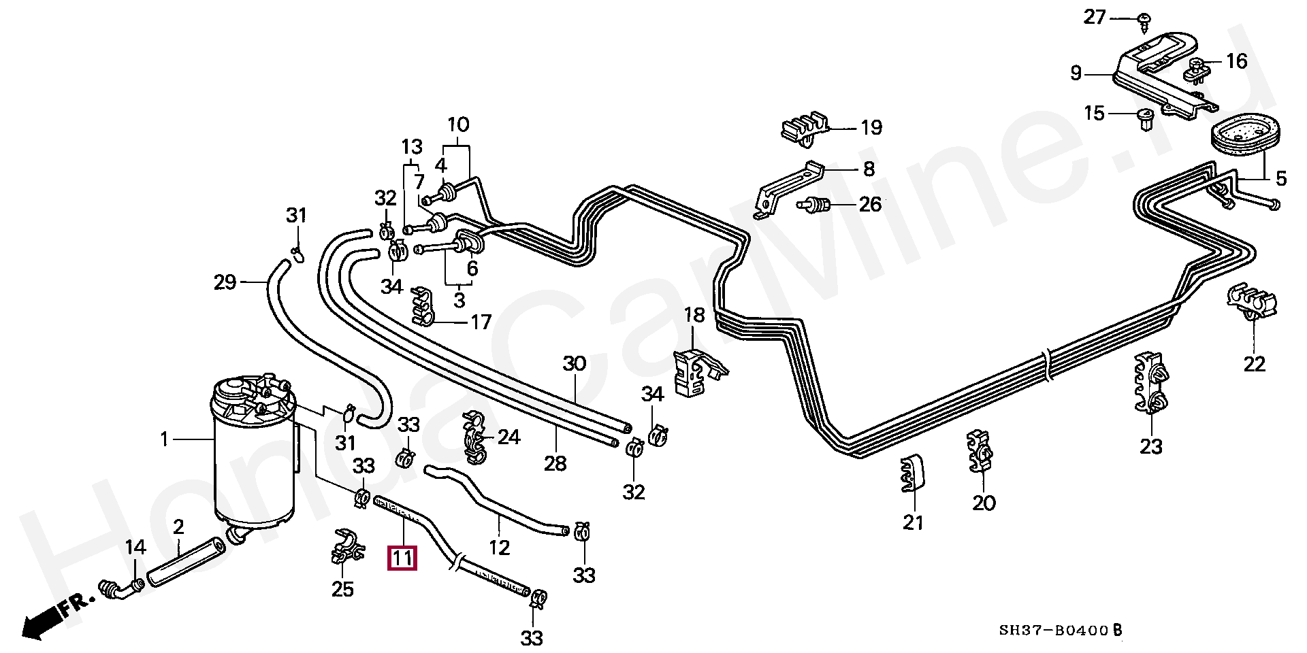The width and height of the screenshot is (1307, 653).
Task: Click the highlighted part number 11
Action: (x=402, y=558)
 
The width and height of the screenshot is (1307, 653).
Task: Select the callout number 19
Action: (x=871, y=128)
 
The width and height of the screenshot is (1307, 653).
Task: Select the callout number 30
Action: (x=574, y=364)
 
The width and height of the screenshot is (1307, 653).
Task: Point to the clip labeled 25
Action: (x=346, y=548)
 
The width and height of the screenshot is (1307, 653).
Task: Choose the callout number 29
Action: (x=225, y=282)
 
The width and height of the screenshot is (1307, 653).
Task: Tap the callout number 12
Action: (x=499, y=548)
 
